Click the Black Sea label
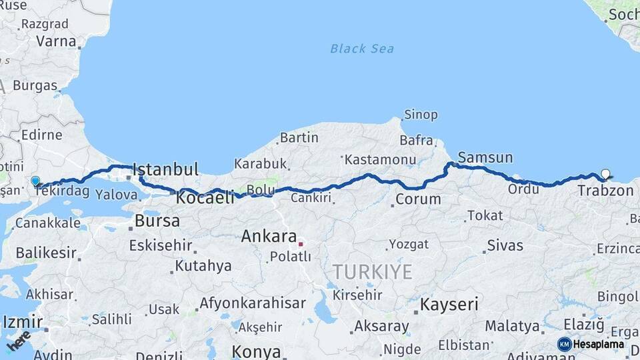click(x=362, y=49)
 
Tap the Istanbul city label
click(x=166, y=169)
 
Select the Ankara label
click(x=269, y=236)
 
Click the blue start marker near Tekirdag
click(x=35, y=181)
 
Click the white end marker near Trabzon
click(x=605, y=174)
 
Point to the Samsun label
click(x=485, y=158)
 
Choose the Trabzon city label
click(x=605, y=191)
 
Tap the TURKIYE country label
click(x=373, y=271)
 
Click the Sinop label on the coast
click(x=421, y=115)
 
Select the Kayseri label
click(x=449, y=305)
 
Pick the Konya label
click(x=257, y=351)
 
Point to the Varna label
click(x=56, y=41)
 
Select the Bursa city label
click(x=157, y=220)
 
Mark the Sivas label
click(x=505, y=245)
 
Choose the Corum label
click(x=418, y=199)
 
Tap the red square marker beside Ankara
click(x=301, y=243)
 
